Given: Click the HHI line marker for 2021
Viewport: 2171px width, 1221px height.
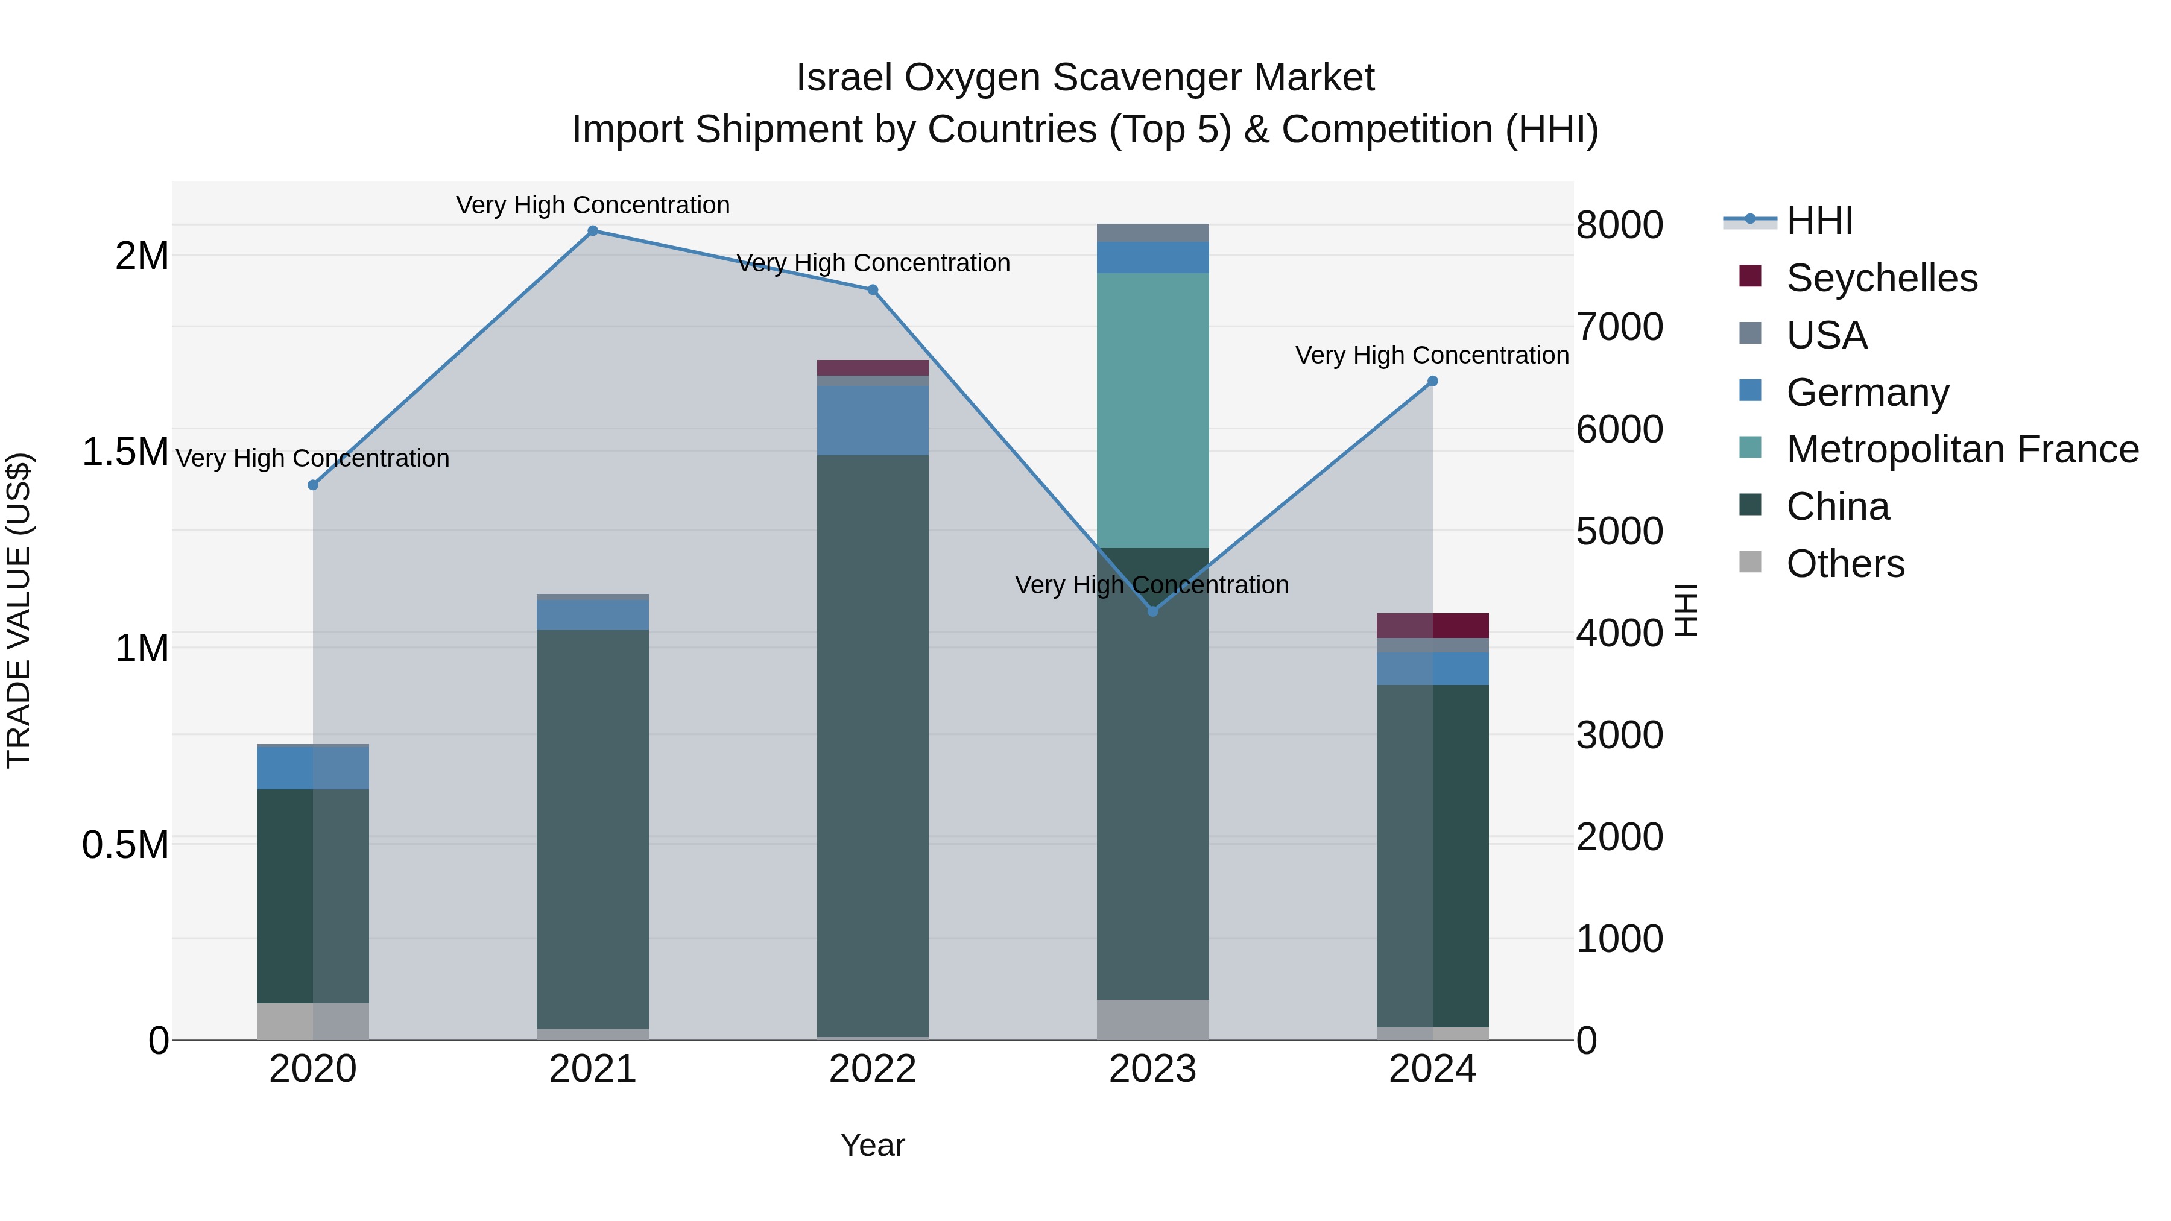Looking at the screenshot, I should [592, 231].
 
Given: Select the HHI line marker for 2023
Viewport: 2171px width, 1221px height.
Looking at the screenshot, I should [1153, 611].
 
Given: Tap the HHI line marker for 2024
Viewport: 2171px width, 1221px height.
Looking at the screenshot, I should [1432, 382].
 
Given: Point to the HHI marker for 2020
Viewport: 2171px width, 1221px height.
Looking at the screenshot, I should [312, 485].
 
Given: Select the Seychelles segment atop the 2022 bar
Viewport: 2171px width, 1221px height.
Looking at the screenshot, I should [872, 367].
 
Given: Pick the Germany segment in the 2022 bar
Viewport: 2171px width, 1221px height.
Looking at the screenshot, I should [872, 420].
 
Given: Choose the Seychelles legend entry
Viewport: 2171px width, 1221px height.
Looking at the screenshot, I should [1880, 278].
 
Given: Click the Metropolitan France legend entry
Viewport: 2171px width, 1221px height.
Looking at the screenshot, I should [1961, 449].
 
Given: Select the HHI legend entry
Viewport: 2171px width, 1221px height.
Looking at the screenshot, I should [1819, 221].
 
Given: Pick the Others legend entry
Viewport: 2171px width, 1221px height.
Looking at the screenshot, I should [1844, 564].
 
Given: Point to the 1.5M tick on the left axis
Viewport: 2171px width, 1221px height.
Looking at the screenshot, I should [125, 452].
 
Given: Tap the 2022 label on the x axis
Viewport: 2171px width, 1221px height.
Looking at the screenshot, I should [872, 1069].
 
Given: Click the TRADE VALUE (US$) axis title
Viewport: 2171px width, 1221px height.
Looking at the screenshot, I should [19, 610].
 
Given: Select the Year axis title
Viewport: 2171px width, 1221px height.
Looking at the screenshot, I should [872, 1145].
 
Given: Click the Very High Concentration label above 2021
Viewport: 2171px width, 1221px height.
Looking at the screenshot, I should [592, 205].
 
